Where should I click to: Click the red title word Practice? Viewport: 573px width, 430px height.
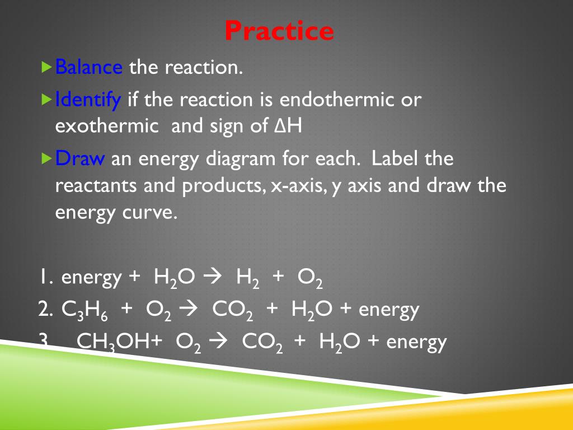tap(279, 31)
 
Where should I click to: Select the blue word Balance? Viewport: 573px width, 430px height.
tap(89, 68)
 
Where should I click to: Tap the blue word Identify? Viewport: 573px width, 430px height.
tap(88, 100)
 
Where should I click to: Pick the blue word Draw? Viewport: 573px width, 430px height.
tap(80, 159)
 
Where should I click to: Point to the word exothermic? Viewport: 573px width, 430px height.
tap(107, 126)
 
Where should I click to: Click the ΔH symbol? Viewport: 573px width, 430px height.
tap(289, 126)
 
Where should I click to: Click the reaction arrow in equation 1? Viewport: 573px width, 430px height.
tap(213, 277)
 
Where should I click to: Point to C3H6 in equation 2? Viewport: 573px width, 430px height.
tap(81, 310)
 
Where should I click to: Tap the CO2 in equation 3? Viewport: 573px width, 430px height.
tap(262, 342)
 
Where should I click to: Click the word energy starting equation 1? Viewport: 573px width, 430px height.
tap(91, 278)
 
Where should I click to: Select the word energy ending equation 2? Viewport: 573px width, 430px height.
tap(389, 310)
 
